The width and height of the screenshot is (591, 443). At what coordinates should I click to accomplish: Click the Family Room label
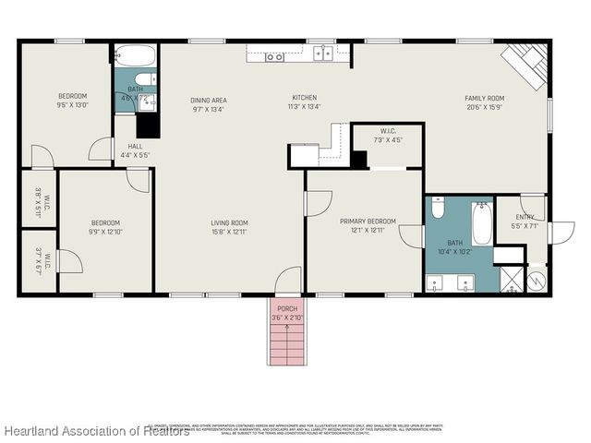point(483,102)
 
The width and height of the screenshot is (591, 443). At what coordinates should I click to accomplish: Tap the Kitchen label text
point(305,102)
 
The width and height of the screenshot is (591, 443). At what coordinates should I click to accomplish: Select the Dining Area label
point(209,104)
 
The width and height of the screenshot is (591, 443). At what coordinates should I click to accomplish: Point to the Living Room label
point(229,226)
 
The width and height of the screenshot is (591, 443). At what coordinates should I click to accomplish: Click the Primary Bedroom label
point(368,225)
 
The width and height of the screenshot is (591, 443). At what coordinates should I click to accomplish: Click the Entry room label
point(525,221)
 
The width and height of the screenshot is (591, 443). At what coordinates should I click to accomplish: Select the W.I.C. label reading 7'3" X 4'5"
point(388,136)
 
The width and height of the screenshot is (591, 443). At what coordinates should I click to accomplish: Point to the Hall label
point(135,150)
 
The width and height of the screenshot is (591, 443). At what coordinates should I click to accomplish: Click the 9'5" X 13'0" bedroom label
point(73,101)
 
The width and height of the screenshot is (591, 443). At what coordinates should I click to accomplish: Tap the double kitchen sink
point(274,57)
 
